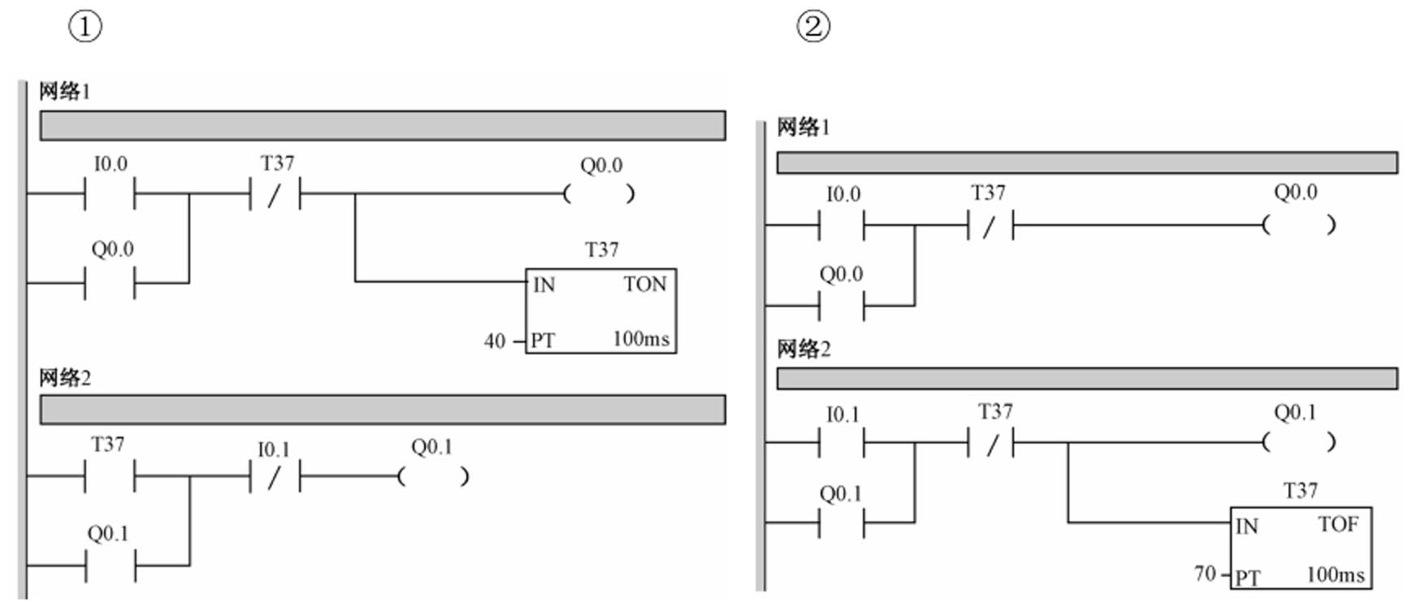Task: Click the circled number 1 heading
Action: coord(85,27)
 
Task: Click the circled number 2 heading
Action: coord(813,27)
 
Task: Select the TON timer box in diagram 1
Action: coord(600,311)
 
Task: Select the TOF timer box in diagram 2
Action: coord(1300,548)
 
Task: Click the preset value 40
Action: coord(494,341)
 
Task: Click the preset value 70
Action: coord(1205,574)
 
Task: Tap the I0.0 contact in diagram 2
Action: coord(842,225)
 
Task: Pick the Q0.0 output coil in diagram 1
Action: coord(600,194)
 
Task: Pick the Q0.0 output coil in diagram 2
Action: coord(1298,225)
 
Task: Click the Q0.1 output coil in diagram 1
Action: coord(431,477)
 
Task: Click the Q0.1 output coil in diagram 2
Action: coord(1298,443)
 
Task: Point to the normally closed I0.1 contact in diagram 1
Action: coord(275,477)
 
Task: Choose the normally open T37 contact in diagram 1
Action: coord(110,477)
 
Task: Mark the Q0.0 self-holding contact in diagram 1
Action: coord(110,283)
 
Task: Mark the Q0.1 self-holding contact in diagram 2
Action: coord(842,522)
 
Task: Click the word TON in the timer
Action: coord(645,284)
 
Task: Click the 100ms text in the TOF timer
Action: coord(1335,575)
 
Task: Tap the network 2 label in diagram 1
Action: coord(65,378)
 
